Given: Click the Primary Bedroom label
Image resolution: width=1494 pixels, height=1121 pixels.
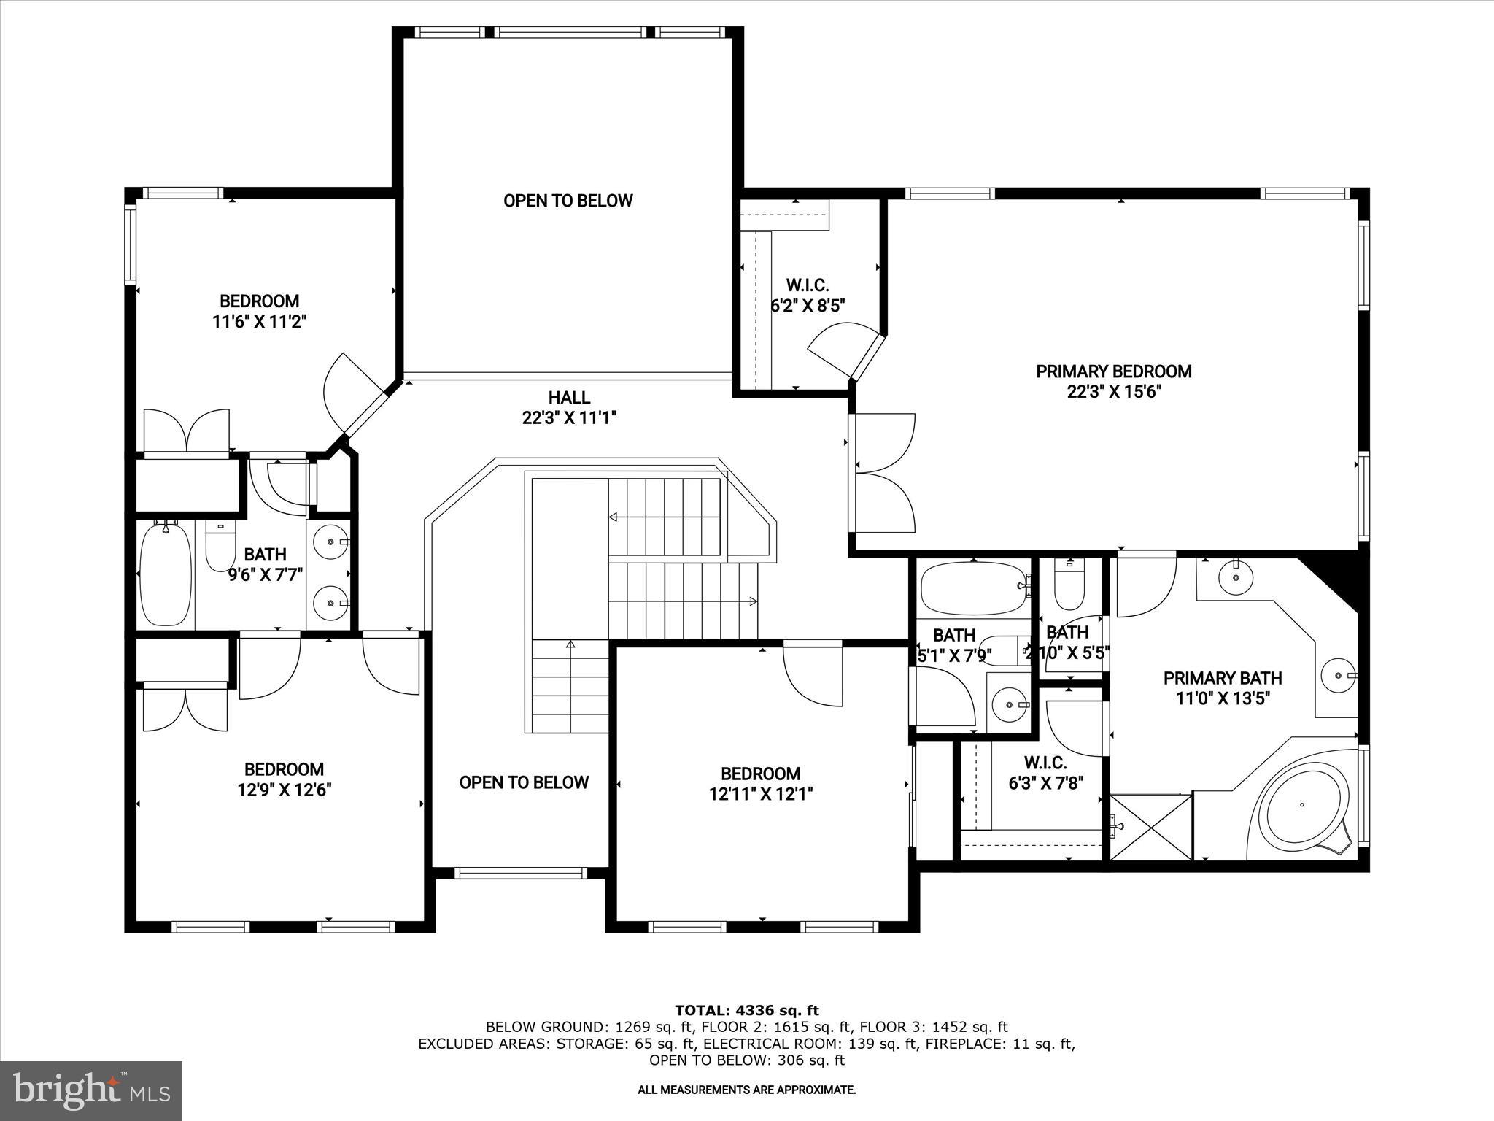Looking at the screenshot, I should pos(1113,371).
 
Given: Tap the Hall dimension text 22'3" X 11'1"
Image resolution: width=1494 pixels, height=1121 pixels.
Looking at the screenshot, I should pos(569,418).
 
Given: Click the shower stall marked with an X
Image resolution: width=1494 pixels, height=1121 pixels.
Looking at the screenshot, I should pos(1150,827).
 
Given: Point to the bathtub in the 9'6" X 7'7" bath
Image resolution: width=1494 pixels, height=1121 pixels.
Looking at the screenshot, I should pos(166,573).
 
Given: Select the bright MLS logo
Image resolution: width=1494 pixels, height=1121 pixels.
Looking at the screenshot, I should pos(91,1090).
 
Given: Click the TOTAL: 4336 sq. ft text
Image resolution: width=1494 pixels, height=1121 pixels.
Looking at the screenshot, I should pos(746,1011).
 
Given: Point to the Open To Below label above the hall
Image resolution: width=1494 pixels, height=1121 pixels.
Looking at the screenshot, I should pos(568,201).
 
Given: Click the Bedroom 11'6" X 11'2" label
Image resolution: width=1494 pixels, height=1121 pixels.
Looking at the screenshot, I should pos(259,311).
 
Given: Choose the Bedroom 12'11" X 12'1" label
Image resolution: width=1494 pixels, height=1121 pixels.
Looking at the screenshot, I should pos(760,783).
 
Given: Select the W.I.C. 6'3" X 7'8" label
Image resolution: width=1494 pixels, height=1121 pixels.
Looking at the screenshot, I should pos(1045,773).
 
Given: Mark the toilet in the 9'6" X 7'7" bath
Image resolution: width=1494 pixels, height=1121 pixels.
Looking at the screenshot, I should pos(220,549).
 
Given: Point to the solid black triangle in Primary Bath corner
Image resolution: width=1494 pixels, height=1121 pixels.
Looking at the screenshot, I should pos(1335,577).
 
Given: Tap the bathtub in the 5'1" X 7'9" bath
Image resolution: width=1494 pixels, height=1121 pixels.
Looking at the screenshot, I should pos(972,588).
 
